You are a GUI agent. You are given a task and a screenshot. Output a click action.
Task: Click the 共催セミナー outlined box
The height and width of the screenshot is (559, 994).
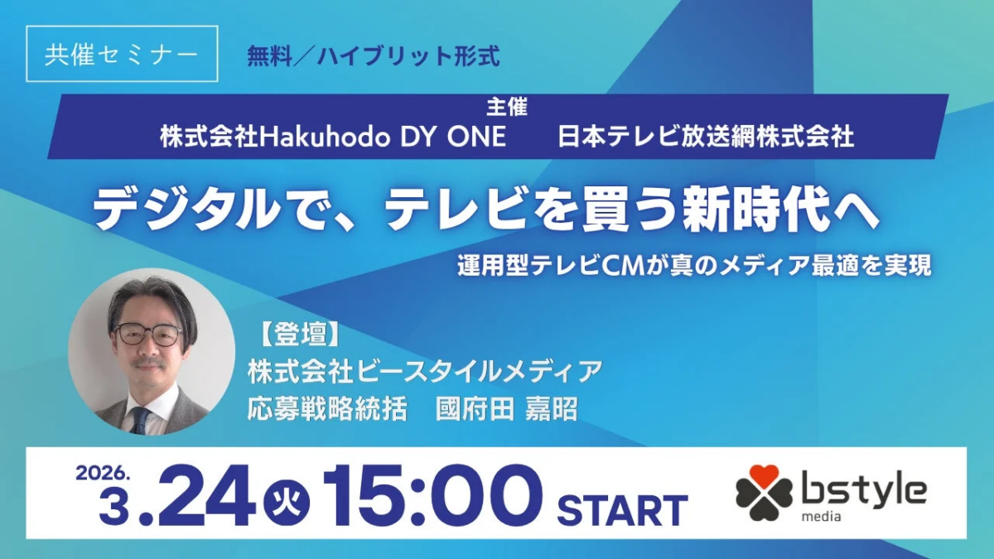pos(122,54)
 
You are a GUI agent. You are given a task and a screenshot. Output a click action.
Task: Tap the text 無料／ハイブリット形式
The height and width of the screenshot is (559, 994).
pos(374,55)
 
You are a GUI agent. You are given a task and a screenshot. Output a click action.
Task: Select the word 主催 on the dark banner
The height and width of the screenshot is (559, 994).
pos(506,106)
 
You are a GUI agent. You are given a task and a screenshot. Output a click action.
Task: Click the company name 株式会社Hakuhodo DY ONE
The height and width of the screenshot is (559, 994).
pos(333,136)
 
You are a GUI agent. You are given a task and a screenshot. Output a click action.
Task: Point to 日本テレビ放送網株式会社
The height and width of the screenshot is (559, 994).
pos(707,136)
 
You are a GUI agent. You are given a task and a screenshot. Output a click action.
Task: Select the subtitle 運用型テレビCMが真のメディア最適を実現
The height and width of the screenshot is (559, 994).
pos(694,266)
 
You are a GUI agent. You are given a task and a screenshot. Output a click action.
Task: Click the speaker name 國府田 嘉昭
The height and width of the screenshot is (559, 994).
pos(506,410)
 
